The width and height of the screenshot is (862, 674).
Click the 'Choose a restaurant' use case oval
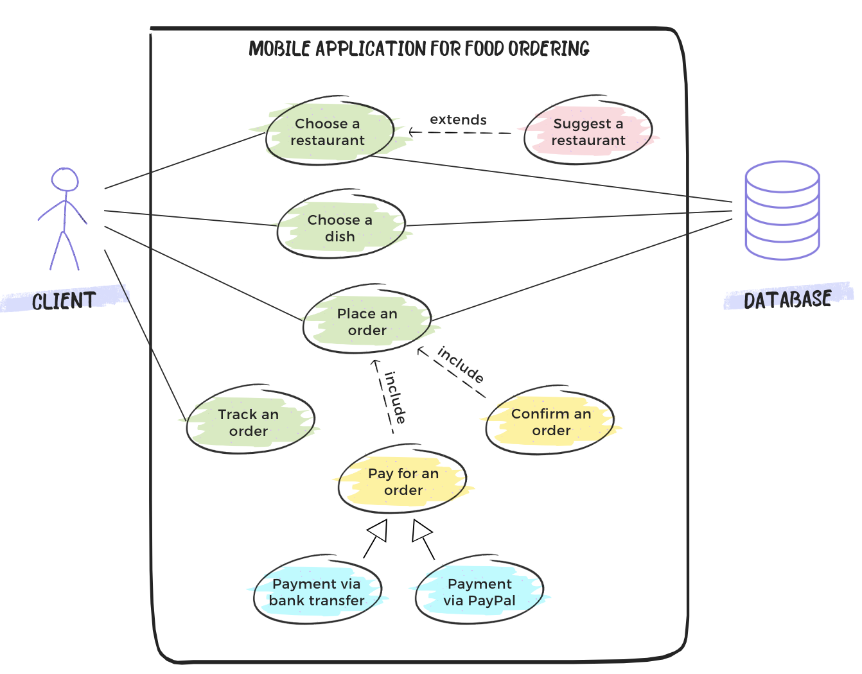[330, 132]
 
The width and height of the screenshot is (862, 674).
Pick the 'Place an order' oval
[367, 321]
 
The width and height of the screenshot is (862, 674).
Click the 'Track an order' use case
[250, 422]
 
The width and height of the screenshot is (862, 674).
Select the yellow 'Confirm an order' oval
[550, 421]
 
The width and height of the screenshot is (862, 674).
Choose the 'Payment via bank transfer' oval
[317, 591]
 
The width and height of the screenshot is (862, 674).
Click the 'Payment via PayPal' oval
[479, 591]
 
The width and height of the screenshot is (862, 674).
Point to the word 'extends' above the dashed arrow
[458, 119]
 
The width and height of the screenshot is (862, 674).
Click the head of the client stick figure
[65, 180]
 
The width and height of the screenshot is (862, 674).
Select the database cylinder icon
[782, 211]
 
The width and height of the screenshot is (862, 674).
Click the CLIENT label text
[64, 301]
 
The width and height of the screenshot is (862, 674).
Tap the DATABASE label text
[787, 299]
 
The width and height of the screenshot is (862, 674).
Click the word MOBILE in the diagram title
[279, 49]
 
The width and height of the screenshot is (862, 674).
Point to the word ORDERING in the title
[549, 49]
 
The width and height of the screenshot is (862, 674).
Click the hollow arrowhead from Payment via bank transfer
[378, 530]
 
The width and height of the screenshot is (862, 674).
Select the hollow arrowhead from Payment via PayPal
[421, 530]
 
